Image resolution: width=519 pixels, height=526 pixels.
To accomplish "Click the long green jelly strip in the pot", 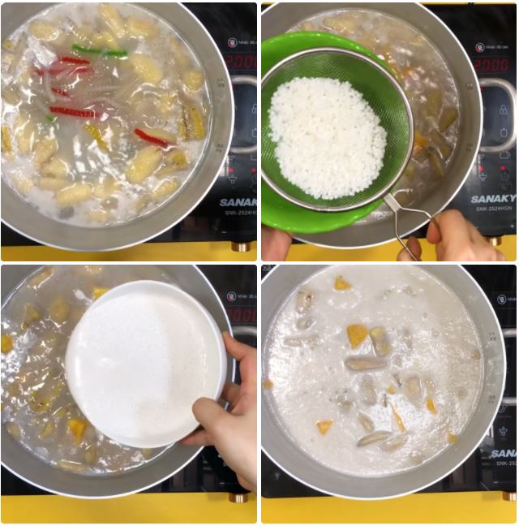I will point(100,51).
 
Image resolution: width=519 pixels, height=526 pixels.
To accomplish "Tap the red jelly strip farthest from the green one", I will point(151,137).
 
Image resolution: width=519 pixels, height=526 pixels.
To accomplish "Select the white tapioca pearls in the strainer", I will point(327,138).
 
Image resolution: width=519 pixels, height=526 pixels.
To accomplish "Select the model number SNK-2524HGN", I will point(494,209).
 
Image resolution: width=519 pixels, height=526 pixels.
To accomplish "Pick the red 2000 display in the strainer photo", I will point(491,64).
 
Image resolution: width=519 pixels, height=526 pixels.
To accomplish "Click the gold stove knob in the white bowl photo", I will point(239,497).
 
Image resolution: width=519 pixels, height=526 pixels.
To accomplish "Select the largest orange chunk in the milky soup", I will point(358,334).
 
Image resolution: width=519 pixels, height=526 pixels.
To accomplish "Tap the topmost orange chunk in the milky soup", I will point(342,283).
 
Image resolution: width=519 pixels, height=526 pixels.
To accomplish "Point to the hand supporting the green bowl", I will point(275,243).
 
